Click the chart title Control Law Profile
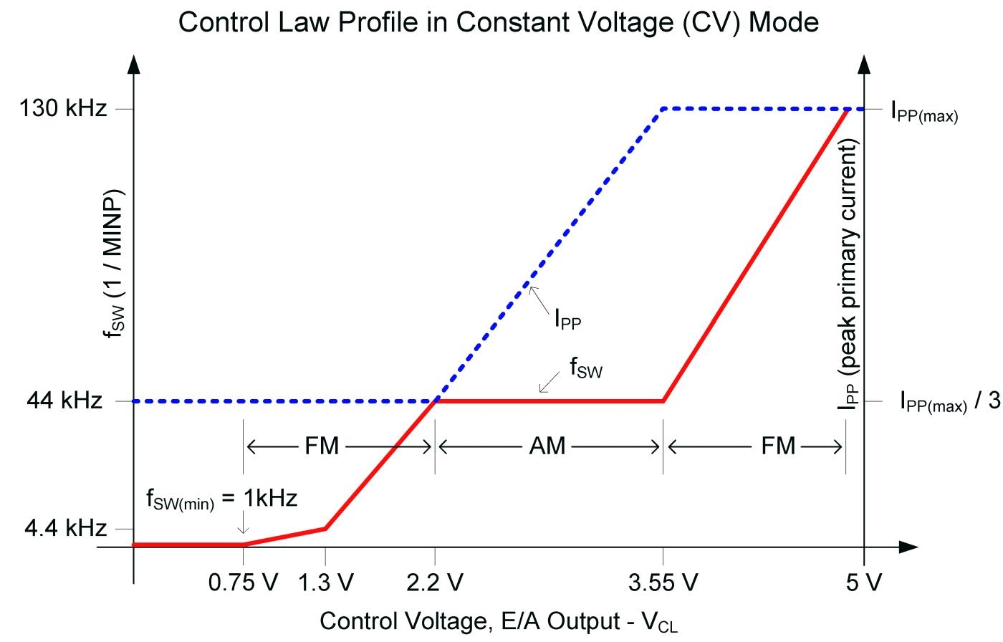point(498,22)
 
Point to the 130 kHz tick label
point(63,109)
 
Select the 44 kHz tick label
point(64,401)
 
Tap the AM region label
point(547,446)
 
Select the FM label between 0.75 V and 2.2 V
point(322,446)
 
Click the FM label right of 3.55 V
point(778,446)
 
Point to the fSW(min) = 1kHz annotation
point(221,499)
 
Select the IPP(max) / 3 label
point(949,403)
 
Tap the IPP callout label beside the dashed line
point(567,319)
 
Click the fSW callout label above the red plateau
point(586,369)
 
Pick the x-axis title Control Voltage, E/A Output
point(498,621)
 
